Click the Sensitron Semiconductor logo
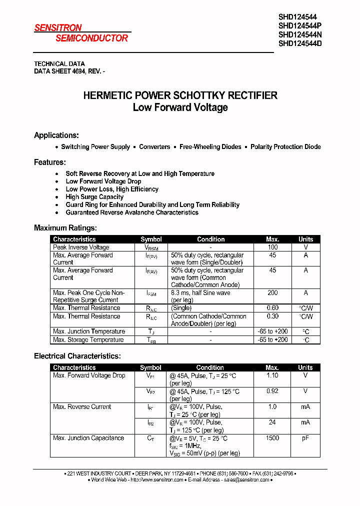(81, 33)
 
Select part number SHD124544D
(300, 43)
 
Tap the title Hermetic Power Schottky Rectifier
(180, 95)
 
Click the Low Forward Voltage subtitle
(180, 107)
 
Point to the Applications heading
(56, 135)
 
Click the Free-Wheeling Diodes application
(210, 147)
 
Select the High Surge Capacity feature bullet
(94, 197)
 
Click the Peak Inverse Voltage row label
(81, 247)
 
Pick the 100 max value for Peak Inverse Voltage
(272, 247)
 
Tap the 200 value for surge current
(272, 293)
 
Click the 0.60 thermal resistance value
(272, 308)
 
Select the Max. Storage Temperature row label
(88, 340)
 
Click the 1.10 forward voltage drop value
(272, 375)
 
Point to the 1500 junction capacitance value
(272, 438)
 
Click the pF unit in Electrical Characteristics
(305, 438)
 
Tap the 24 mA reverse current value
(272, 422)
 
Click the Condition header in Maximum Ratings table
(210, 239)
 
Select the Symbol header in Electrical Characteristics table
(150, 367)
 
